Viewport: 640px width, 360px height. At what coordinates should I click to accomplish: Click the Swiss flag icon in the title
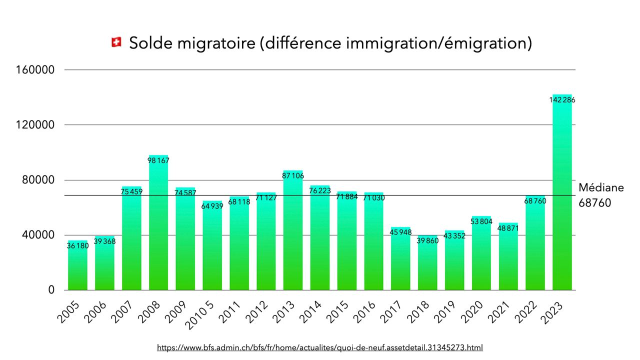click(116, 43)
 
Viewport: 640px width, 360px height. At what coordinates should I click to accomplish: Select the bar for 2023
click(562, 200)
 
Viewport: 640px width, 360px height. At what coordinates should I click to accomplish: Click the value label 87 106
click(293, 175)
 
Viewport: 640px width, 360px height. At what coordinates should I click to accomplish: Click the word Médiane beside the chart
click(601, 188)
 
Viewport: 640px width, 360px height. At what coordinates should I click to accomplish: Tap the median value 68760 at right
click(595, 203)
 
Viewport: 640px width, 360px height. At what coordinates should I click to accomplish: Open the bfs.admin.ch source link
click(320, 347)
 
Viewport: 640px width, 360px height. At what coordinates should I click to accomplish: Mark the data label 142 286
click(562, 100)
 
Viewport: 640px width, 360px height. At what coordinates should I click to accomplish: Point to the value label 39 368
click(104, 241)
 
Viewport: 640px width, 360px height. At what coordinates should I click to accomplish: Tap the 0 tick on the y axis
click(51, 290)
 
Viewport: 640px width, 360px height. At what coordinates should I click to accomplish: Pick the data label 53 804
click(481, 221)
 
